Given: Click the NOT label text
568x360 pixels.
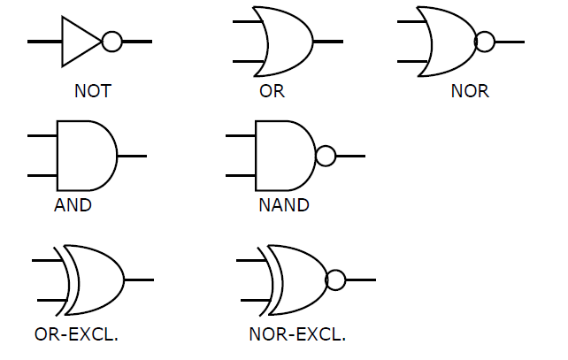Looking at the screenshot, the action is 92,91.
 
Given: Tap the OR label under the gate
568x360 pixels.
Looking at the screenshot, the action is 272,91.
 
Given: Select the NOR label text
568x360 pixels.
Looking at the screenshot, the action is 470,91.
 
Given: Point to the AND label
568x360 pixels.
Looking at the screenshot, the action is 73,205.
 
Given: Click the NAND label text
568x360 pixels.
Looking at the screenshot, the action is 284,205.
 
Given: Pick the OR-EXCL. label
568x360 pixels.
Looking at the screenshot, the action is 76,334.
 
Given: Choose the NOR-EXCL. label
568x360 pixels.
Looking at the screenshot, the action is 297,334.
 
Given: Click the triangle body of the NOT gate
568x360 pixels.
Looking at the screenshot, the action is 62,42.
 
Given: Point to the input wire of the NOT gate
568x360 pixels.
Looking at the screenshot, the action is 44,42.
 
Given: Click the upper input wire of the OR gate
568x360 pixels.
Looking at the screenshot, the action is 247,22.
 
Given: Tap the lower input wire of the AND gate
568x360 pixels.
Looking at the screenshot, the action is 42,176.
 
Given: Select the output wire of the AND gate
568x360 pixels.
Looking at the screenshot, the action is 132,156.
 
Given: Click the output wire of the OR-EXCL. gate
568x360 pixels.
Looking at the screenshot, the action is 139,280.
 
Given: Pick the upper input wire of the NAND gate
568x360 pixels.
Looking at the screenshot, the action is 241,136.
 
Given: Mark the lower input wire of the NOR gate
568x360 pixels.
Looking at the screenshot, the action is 412,62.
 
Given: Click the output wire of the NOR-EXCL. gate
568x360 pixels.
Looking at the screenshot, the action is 361,280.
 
